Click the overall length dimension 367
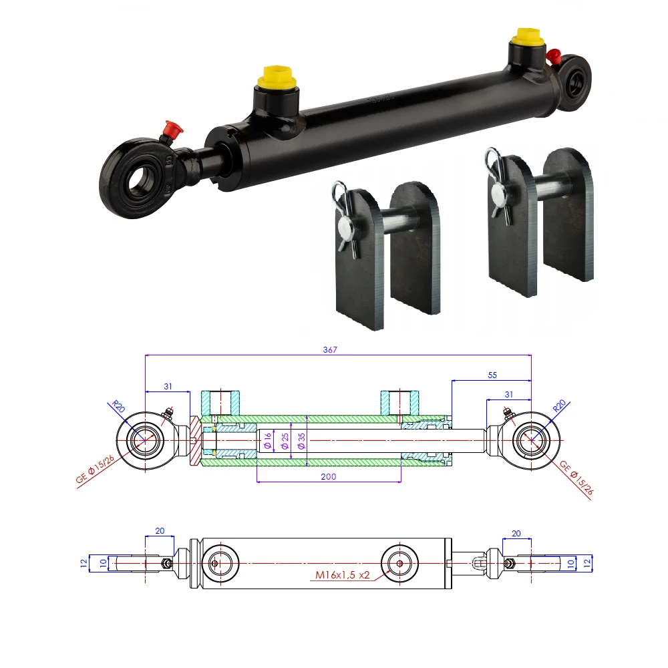click(x=339, y=349)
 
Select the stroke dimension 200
click(x=328, y=476)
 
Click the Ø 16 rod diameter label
click(x=267, y=441)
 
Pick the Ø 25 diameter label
click(x=285, y=441)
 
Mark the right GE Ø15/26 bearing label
click(x=576, y=478)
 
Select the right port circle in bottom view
click(x=399, y=563)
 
